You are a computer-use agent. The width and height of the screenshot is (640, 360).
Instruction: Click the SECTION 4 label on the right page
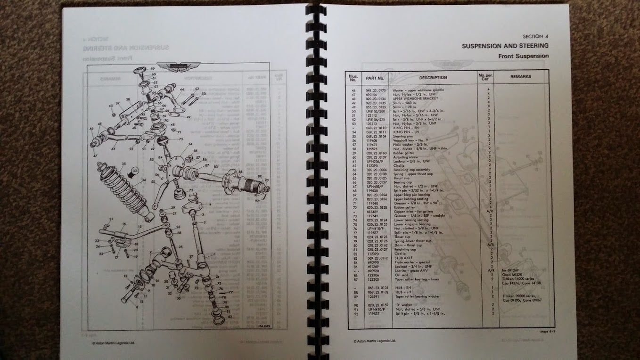click(535, 36)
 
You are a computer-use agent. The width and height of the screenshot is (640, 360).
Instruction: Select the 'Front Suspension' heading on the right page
click(523, 56)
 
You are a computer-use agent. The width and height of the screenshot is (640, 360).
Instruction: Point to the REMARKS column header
click(520, 76)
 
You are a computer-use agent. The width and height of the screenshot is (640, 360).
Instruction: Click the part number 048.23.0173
click(375, 90)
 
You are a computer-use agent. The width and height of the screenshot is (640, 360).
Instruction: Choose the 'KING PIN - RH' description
click(403, 128)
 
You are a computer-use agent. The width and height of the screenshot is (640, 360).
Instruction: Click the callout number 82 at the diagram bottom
click(230, 317)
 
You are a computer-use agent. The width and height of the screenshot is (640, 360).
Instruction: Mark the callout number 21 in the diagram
click(111, 220)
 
